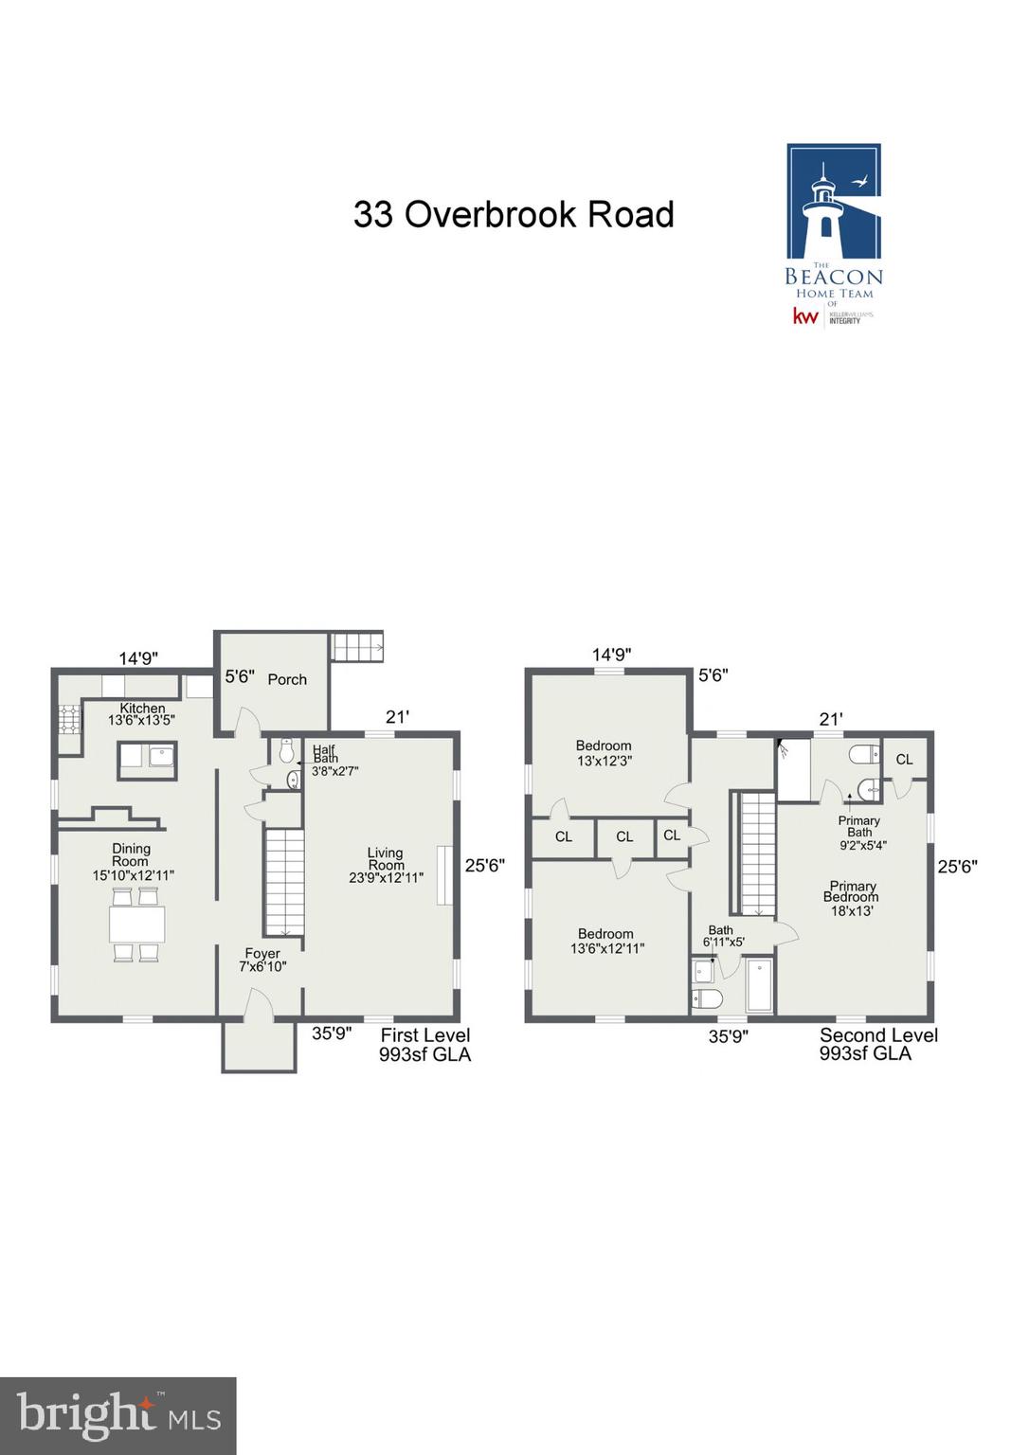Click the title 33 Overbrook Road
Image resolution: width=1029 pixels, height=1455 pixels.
pyautogui.click(x=514, y=215)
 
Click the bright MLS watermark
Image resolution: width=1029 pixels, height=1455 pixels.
pyautogui.click(x=118, y=1416)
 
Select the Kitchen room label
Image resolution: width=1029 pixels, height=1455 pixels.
pyautogui.click(x=142, y=709)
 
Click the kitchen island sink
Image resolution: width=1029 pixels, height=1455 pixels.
pyautogui.click(x=161, y=756)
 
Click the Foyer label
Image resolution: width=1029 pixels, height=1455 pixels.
pyautogui.click(x=262, y=954)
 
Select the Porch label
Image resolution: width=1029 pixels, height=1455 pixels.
pyautogui.click(x=287, y=679)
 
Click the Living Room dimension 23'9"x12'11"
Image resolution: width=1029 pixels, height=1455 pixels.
pyautogui.click(x=386, y=878)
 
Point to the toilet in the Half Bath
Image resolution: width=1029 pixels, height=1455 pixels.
pyautogui.click(x=286, y=752)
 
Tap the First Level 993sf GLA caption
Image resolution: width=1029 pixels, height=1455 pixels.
pyautogui.click(x=424, y=1045)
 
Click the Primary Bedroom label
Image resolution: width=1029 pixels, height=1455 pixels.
pyautogui.click(x=852, y=891)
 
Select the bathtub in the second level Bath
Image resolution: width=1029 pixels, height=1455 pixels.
pyautogui.click(x=760, y=986)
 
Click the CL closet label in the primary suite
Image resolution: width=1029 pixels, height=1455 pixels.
pyautogui.click(x=904, y=759)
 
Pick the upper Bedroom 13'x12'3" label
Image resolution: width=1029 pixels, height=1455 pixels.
pyautogui.click(x=604, y=753)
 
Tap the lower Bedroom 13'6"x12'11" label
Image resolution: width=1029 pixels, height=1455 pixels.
pyautogui.click(x=606, y=941)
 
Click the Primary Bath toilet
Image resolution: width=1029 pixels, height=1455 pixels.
pyautogui.click(x=864, y=754)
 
